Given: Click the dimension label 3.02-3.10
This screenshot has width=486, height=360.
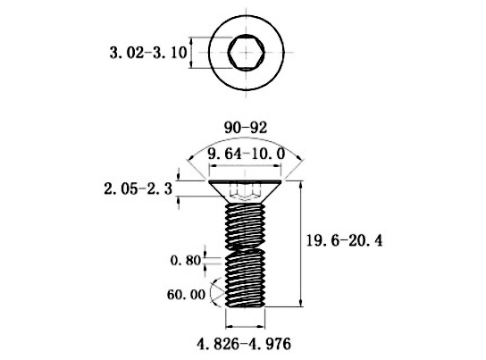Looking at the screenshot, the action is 148,53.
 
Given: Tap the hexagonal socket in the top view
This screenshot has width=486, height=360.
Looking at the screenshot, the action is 247,53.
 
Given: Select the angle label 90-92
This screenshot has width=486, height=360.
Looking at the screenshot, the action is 246,128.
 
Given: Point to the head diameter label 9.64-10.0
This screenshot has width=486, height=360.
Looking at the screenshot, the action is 246,154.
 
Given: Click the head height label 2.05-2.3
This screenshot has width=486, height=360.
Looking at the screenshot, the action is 138,188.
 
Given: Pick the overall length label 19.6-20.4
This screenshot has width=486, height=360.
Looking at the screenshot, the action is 344,240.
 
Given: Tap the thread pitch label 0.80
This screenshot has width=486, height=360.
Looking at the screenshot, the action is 186,261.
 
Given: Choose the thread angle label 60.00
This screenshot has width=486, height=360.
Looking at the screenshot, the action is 186,294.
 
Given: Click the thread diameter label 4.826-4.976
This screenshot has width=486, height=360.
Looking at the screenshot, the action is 244,344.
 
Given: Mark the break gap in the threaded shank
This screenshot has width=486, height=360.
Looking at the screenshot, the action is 246,247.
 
